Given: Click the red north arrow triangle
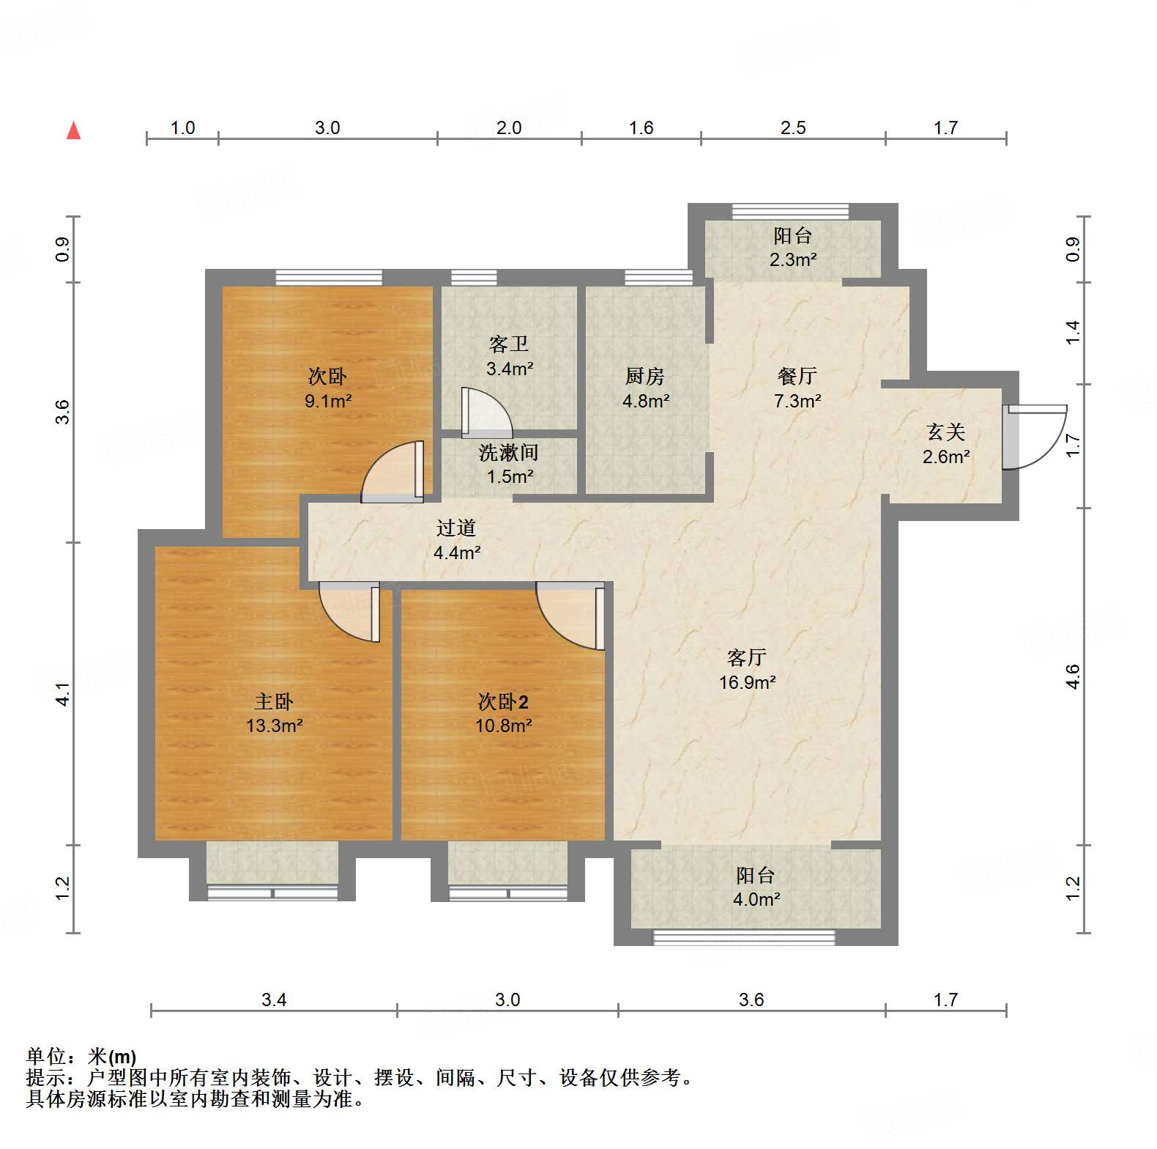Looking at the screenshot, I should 73,131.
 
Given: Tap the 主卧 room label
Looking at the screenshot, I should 274,702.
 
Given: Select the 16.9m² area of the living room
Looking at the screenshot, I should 747,682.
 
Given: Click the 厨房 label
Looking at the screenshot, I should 645,377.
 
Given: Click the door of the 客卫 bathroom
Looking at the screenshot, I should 486,411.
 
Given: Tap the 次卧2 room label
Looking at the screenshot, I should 503,702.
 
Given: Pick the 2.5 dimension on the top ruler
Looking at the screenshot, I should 793,128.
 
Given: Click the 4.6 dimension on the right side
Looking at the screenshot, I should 1073,676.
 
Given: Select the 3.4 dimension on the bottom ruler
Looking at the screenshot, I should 274,1000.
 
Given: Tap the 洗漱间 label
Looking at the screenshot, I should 508,453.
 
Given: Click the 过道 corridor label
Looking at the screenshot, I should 456,528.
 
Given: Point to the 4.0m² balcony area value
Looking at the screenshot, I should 756,899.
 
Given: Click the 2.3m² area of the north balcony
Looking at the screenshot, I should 793,259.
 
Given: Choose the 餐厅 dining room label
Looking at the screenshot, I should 797,377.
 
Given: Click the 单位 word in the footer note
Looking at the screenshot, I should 46,1057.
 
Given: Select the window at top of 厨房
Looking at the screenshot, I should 658,277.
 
